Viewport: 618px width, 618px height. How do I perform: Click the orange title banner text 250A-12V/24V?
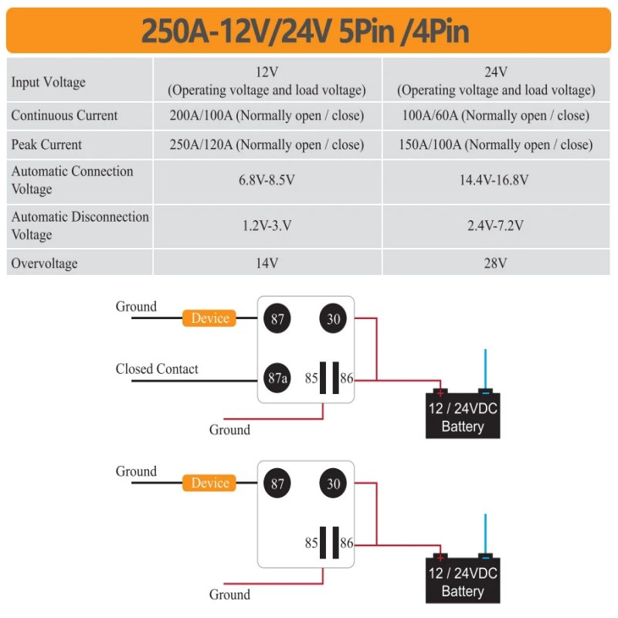tap(236, 31)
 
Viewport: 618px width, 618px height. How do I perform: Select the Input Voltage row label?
tap(49, 83)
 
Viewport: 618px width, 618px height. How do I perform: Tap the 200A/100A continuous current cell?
tap(267, 115)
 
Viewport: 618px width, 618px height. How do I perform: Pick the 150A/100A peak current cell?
tap(496, 144)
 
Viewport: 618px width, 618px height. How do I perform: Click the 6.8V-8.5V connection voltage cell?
tap(267, 180)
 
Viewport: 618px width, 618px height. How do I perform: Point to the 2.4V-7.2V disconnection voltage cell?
tap(495, 226)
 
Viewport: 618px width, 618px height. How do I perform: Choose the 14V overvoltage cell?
tap(267, 263)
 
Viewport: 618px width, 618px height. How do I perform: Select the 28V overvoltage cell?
tap(495, 263)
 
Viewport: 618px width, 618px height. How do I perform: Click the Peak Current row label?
tap(46, 144)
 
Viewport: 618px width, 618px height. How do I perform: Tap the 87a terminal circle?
tap(277, 378)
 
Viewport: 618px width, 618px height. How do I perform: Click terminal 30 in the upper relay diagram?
tap(333, 318)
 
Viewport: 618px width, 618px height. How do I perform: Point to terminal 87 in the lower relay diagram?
tap(277, 484)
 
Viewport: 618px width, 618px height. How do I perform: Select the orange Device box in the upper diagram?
tap(209, 318)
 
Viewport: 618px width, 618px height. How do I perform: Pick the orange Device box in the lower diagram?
tap(209, 484)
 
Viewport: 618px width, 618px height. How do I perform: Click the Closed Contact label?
tap(157, 369)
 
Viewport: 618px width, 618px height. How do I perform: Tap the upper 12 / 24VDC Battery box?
tap(463, 416)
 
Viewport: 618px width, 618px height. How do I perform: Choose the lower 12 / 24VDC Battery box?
tap(463, 580)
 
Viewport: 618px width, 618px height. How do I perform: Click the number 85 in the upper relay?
tap(311, 379)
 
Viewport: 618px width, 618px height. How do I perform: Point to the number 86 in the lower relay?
tap(346, 543)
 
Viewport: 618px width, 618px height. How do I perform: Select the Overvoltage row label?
tap(44, 263)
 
